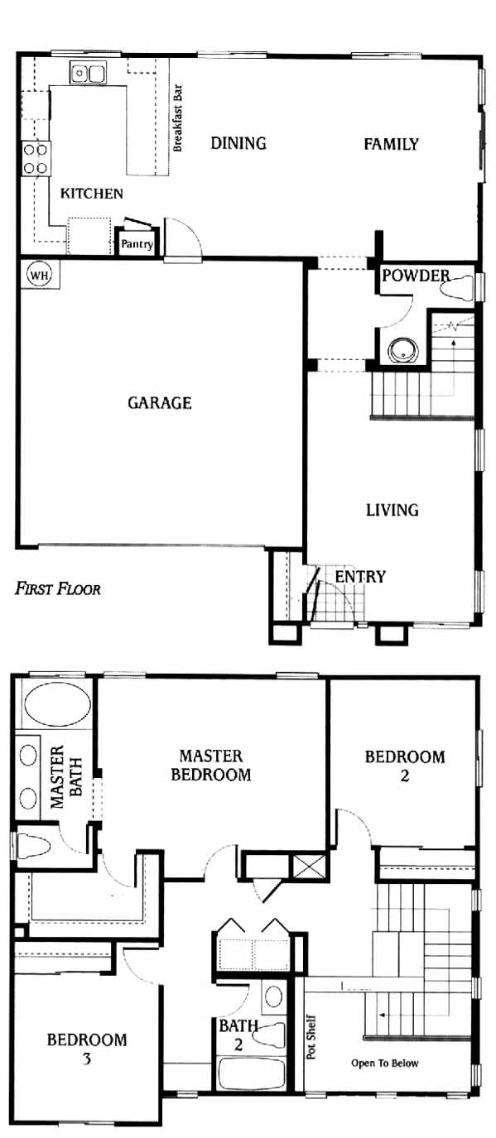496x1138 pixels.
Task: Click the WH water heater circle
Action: [40, 275]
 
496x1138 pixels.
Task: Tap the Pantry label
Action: [137, 244]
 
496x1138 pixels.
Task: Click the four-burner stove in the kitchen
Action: [36, 159]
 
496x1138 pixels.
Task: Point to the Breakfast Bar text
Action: [177, 118]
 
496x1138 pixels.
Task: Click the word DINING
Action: [238, 143]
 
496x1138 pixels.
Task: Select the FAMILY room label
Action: [391, 144]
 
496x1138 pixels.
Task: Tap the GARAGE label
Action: [160, 403]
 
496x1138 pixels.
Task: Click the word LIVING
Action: [392, 510]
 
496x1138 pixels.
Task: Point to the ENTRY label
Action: [360, 577]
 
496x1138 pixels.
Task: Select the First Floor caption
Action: [57, 589]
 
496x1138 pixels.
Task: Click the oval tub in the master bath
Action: [57, 705]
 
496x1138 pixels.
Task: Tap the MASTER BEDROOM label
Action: [211, 765]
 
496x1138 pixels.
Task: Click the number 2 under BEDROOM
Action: [405, 775]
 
